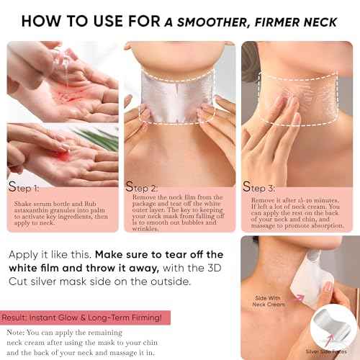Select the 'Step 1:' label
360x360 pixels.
[26, 189]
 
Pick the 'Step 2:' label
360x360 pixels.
[144, 189]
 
